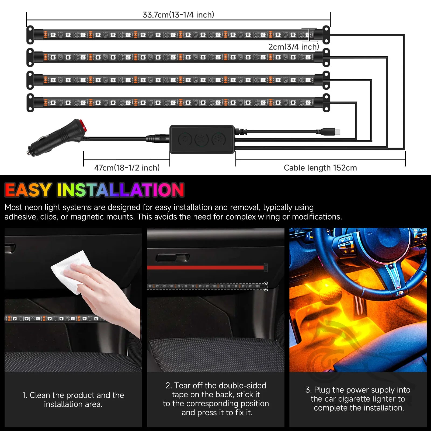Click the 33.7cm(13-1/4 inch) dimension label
point(178,15)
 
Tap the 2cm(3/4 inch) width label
point(294,47)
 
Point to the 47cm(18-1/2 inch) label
point(127,168)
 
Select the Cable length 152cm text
point(320,168)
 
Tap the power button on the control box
point(185,140)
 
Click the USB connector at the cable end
point(334,132)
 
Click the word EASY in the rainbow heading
point(28,190)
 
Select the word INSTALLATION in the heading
point(120,190)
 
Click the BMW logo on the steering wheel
point(391,266)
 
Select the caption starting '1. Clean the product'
point(73,399)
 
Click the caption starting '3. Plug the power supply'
point(358,399)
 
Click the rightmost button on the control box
point(218,140)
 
